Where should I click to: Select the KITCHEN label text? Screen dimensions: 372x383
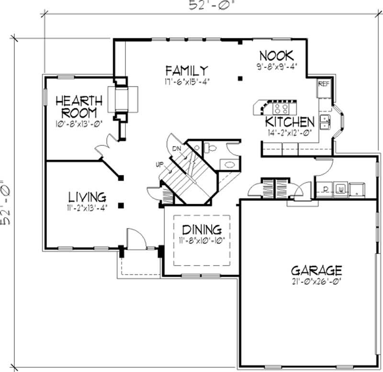click(290, 121)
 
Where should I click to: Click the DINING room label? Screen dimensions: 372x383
click(201, 229)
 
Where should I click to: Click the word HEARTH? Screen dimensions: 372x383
click(79, 101)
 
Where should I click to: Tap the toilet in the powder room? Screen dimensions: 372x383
click(210, 148)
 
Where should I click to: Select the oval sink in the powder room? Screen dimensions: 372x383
click(229, 164)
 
